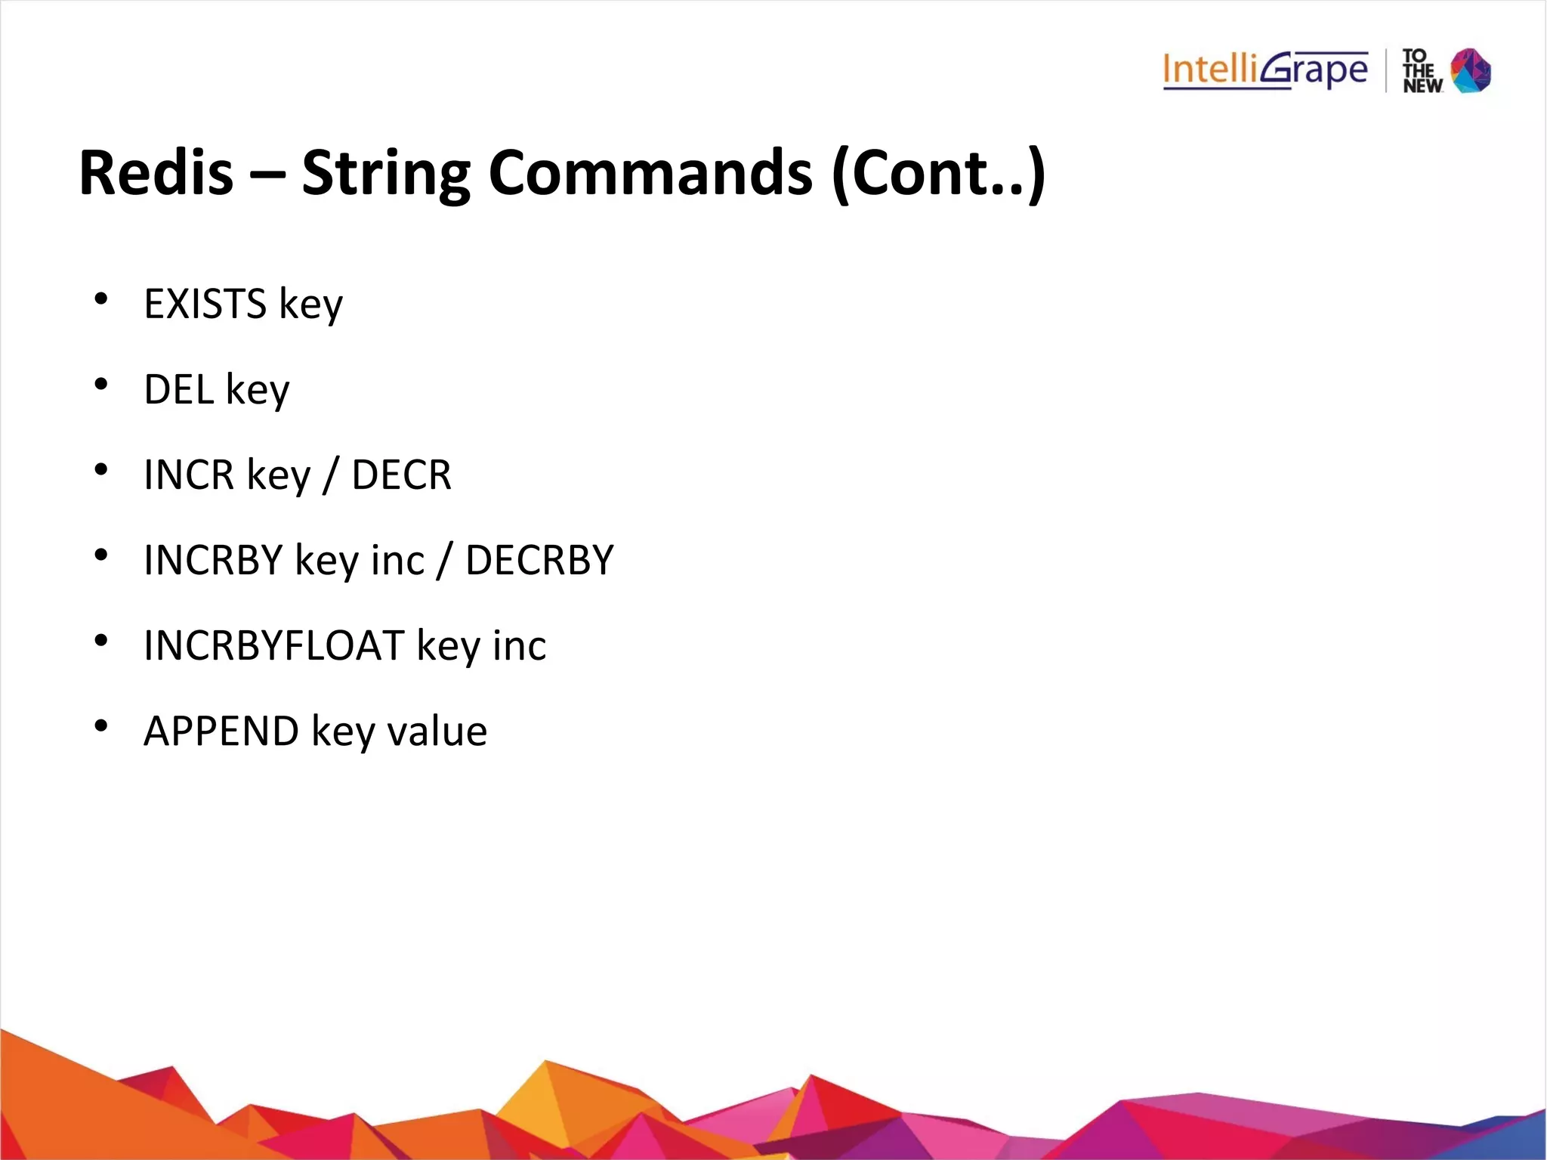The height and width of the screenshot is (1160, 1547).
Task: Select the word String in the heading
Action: tap(385, 174)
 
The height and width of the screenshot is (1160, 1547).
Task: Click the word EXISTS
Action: tap(205, 304)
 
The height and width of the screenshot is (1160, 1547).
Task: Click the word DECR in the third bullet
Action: tap(401, 475)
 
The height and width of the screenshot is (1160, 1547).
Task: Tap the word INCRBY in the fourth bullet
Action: tap(213, 560)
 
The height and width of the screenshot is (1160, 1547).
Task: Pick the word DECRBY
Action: tap(539, 560)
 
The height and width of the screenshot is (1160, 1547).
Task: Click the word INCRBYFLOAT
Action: tap(273, 645)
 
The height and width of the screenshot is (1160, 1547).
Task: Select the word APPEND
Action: tap(221, 731)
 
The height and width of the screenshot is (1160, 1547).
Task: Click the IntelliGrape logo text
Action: tap(1265, 70)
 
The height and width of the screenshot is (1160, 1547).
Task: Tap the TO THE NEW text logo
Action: tap(1422, 71)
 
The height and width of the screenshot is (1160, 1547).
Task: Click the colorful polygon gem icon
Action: tap(1471, 70)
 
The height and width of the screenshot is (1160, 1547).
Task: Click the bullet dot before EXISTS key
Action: tap(101, 299)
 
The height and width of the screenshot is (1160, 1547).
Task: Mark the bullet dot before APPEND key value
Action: tap(101, 726)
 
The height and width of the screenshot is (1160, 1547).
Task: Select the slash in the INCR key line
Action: tap(330, 476)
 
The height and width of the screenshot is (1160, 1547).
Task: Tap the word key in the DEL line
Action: tap(258, 391)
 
